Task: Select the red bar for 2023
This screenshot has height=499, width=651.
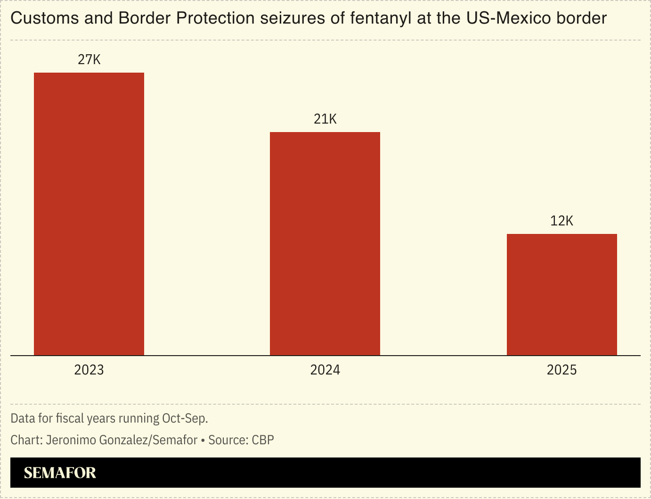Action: point(89,214)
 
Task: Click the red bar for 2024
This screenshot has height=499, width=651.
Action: point(325,243)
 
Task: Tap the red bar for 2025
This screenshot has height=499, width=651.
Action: point(561,294)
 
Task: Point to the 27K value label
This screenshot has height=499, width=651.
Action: point(89,60)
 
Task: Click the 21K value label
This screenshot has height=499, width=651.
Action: point(325,119)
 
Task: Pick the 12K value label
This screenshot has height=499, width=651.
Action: point(561,221)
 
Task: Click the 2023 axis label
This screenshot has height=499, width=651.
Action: point(89,370)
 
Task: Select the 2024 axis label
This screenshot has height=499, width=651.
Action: point(325,370)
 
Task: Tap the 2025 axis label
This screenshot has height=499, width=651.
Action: point(561,370)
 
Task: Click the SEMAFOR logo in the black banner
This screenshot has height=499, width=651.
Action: point(60,473)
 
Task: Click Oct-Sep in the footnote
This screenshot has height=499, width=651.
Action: point(185,418)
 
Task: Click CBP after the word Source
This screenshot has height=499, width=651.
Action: point(263,440)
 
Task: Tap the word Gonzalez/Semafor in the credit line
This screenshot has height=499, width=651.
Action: point(148,440)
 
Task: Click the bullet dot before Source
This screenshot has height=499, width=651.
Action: point(203,441)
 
